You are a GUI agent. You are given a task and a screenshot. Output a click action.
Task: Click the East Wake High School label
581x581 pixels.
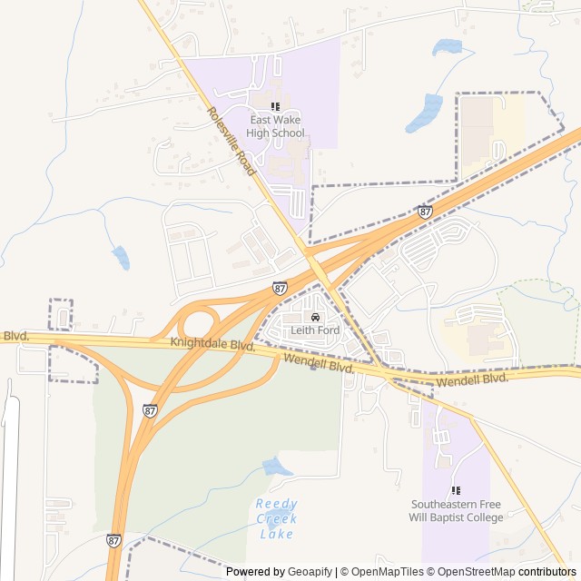click(x=275, y=126)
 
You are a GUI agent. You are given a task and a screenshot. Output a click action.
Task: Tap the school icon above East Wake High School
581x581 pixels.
click(x=275, y=107)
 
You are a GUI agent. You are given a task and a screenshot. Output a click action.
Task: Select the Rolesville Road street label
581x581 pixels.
click(x=231, y=142)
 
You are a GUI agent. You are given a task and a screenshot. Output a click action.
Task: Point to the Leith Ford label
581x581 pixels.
click(x=315, y=330)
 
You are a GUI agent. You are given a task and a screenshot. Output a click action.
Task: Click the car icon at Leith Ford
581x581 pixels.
click(x=315, y=317)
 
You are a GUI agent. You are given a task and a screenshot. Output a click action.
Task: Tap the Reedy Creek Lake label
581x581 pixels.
click(x=275, y=518)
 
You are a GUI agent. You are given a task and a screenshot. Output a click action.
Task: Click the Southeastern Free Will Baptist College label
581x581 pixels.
click(x=457, y=511)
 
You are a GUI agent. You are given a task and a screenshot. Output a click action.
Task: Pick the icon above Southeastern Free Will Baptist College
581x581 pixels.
click(x=456, y=491)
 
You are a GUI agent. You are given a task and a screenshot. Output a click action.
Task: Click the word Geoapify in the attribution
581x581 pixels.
click(x=310, y=572)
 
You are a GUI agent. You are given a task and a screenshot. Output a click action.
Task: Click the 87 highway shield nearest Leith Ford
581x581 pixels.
click(x=280, y=288)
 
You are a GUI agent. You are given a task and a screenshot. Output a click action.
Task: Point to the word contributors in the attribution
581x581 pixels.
click(x=548, y=572)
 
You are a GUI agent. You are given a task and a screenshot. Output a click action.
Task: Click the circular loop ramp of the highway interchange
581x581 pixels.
click(x=199, y=324)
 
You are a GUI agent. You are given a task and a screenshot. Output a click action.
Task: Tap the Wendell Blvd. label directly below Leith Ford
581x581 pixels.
click(x=318, y=364)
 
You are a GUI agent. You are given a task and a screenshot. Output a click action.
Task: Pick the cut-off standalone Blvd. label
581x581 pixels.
click(x=15, y=336)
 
